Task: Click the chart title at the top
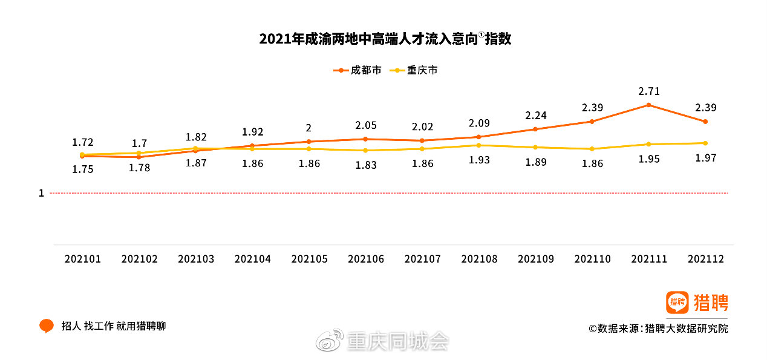click(x=385, y=39)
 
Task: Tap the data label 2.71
click(x=648, y=92)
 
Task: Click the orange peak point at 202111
click(x=648, y=105)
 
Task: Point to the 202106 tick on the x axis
click(x=365, y=259)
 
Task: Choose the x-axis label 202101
click(x=83, y=259)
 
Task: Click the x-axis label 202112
click(x=705, y=259)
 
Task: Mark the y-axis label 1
click(x=41, y=194)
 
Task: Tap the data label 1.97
click(x=705, y=158)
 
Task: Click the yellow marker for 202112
click(x=705, y=143)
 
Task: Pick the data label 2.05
click(x=365, y=125)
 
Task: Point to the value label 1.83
click(x=365, y=165)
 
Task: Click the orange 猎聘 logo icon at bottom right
click(x=677, y=302)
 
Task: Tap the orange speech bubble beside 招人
click(x=47, y=326)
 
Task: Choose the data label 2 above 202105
click(x=308, y=128)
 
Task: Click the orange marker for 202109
click(x=535, y=129)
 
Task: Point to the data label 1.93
click(x=479, y=160)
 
